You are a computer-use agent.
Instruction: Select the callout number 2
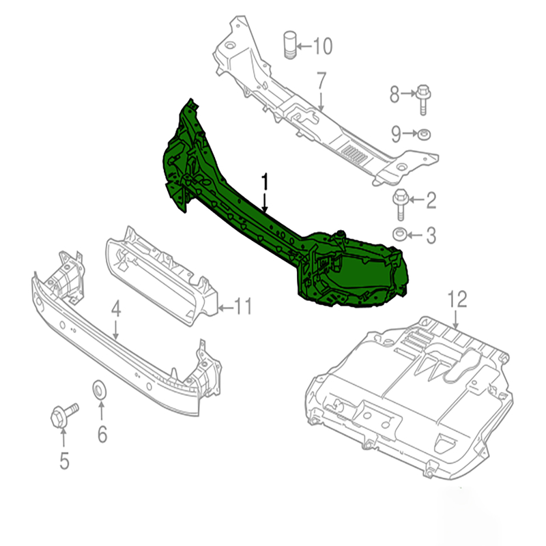pos(431,200)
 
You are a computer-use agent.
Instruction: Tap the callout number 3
pos(431,235)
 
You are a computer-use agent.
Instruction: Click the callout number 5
pos(64,461)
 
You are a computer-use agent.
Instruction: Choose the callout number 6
pos(102,433)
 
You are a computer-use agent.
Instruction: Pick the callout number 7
pos(321,81)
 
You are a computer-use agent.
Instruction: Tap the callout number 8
pos(394,94)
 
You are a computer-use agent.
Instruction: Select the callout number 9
pos(394,132)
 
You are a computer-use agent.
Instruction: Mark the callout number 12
pos(457,298)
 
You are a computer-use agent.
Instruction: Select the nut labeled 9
pos(424,132)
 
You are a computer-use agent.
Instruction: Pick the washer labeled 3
pos(400,235)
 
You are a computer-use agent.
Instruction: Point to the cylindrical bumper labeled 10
pos(289,46)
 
